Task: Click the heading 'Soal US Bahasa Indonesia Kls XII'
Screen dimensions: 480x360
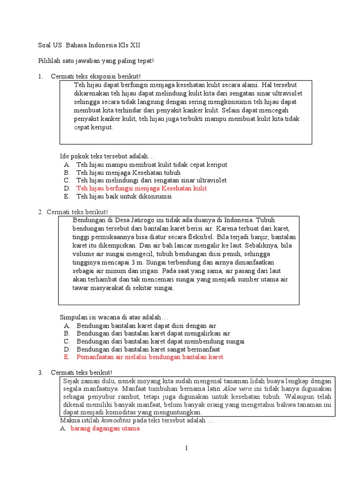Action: pyautogui.click(x=89, y=45)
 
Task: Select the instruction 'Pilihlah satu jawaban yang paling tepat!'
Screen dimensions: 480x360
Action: pyautogui.click(x=96, y=61)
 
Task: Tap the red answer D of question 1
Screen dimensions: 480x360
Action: pyautogui.click(x=142, y=188)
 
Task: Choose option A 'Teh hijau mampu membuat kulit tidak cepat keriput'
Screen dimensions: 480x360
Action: pyautogui.click(x=152, y=165)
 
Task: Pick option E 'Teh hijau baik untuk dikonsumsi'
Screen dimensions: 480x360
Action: pyautogui.click(x=124, y=196)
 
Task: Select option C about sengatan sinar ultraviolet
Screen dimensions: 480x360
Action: pyautogui.click(x=151, y=180)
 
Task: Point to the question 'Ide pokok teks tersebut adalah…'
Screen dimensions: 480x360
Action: pyautogui.click(x=107, y=156)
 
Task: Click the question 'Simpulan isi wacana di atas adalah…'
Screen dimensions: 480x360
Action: pyautogui.click(x=113, y=317)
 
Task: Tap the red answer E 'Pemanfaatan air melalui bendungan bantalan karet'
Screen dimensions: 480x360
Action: pyautogui.click(x=150, y=357)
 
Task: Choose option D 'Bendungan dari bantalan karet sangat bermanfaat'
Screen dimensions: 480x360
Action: pyautogui.click(x=148, y=349)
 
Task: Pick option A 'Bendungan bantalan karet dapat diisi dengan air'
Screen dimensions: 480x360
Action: pyautogui.click(x=146, y=325)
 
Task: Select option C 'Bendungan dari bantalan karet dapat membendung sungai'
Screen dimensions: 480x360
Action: pyautogui.click(x=160, y=341)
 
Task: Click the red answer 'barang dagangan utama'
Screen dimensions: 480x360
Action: pyautogui.click(x=105, y=428)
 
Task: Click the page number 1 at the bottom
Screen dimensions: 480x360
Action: pyautogui.click(x=186, y=448)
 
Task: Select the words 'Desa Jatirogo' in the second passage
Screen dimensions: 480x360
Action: pyautogui.click(x=131, y=219)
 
